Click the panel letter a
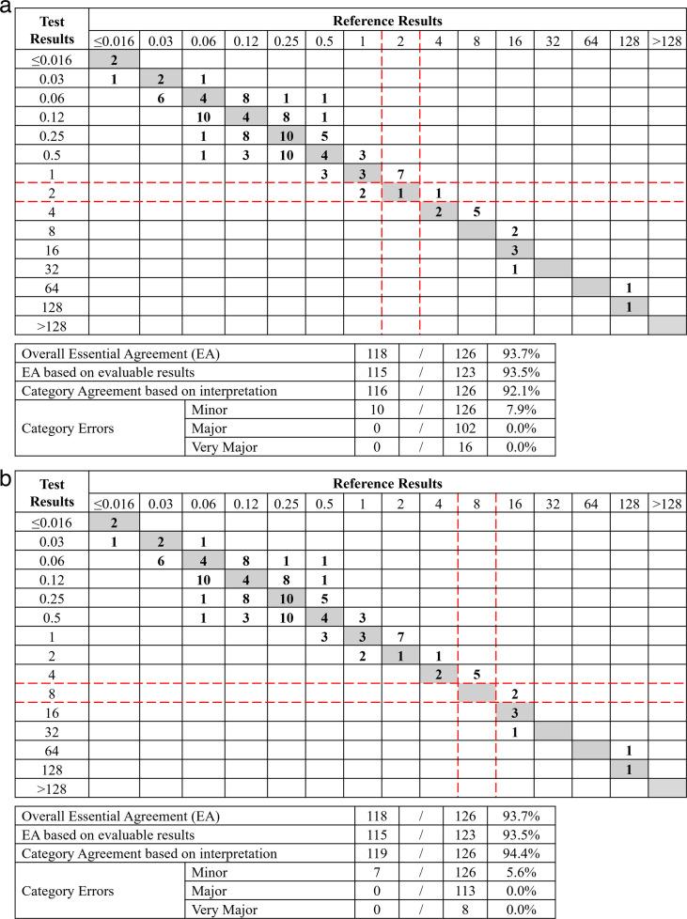point(8,8)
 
